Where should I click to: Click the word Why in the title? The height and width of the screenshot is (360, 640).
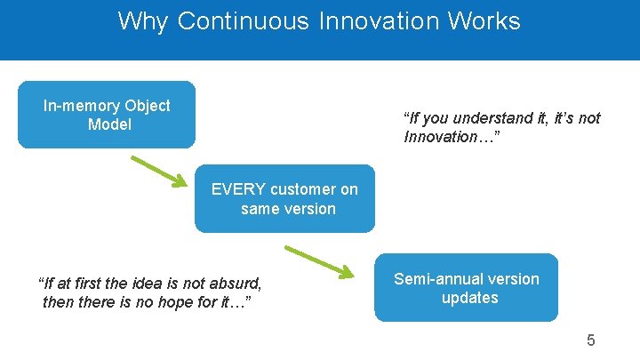point(142,21)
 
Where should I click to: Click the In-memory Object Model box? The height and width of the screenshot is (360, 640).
point(107,115)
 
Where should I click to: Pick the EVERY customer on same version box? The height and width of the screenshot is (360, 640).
point(285,198)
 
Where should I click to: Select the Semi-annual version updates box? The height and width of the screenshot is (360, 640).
point(466,287)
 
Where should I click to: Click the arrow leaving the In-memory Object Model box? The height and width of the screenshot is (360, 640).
point(160,172)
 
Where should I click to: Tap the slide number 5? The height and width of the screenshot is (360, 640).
point(590,340)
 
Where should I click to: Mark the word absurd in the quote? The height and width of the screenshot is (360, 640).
point(235,284)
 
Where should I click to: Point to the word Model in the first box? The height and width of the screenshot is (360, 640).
point(109,124)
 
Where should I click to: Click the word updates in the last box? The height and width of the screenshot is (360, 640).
point(469,298)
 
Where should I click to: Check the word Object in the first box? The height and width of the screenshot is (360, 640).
point(147,106)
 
